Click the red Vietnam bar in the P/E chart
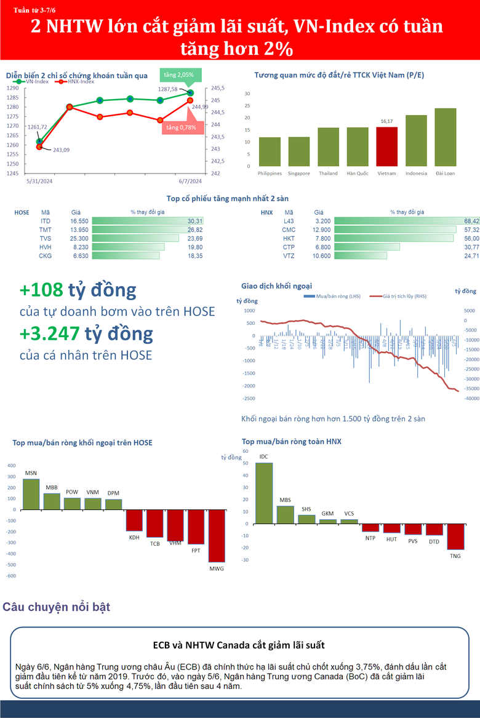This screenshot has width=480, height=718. [386, 146]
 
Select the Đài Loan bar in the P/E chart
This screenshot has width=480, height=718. [446, 137]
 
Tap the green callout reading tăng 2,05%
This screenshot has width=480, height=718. [179, 75]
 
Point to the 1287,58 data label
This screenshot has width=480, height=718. [167, 89]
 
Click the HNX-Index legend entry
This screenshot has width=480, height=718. [78, 81]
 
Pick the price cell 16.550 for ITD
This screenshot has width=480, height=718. [79, 220]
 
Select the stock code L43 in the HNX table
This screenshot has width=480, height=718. [289, 220]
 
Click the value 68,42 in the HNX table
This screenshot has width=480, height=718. [471, 220]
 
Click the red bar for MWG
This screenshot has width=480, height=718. [217, 536]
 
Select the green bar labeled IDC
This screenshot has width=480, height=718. [264, 493]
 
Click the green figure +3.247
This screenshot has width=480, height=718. [49, 333]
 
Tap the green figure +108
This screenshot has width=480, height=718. [42, 290]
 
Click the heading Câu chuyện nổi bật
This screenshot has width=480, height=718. [57, 607]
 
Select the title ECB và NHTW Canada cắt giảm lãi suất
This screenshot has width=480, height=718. [239, 645]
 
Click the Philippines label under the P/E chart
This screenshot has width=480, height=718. [270, 174]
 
